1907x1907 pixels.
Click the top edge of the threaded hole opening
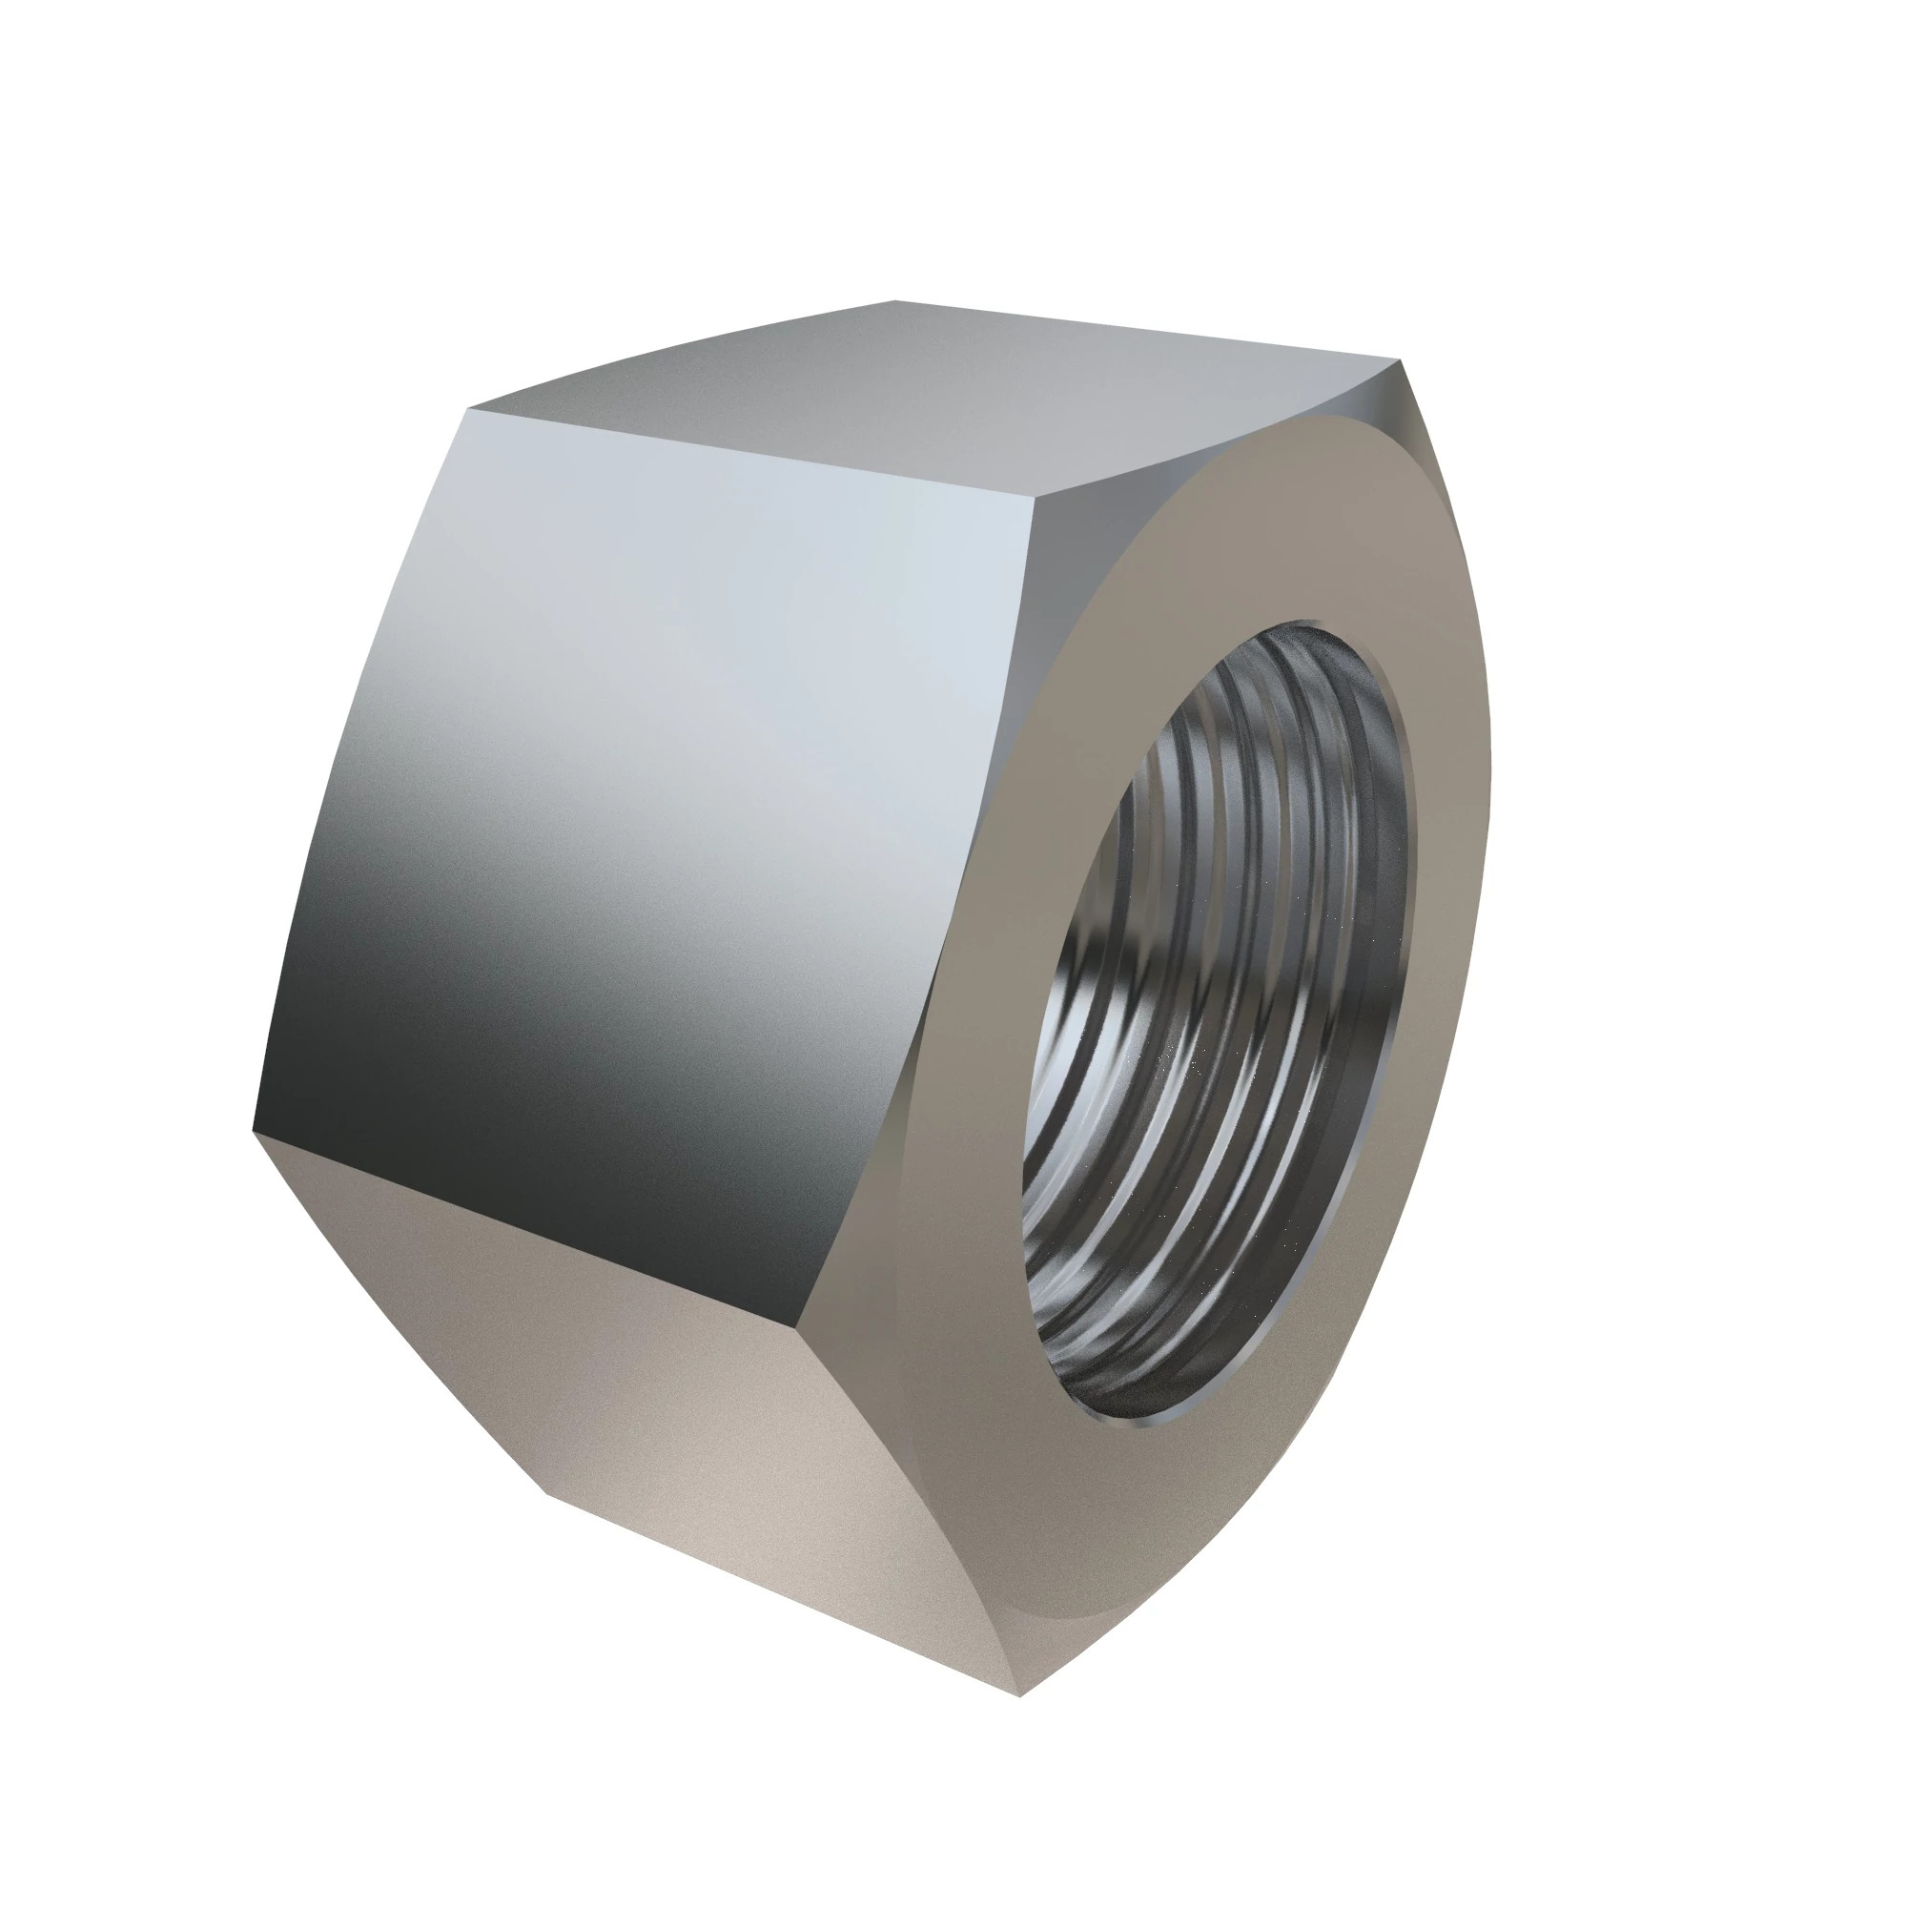[1313, 626]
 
